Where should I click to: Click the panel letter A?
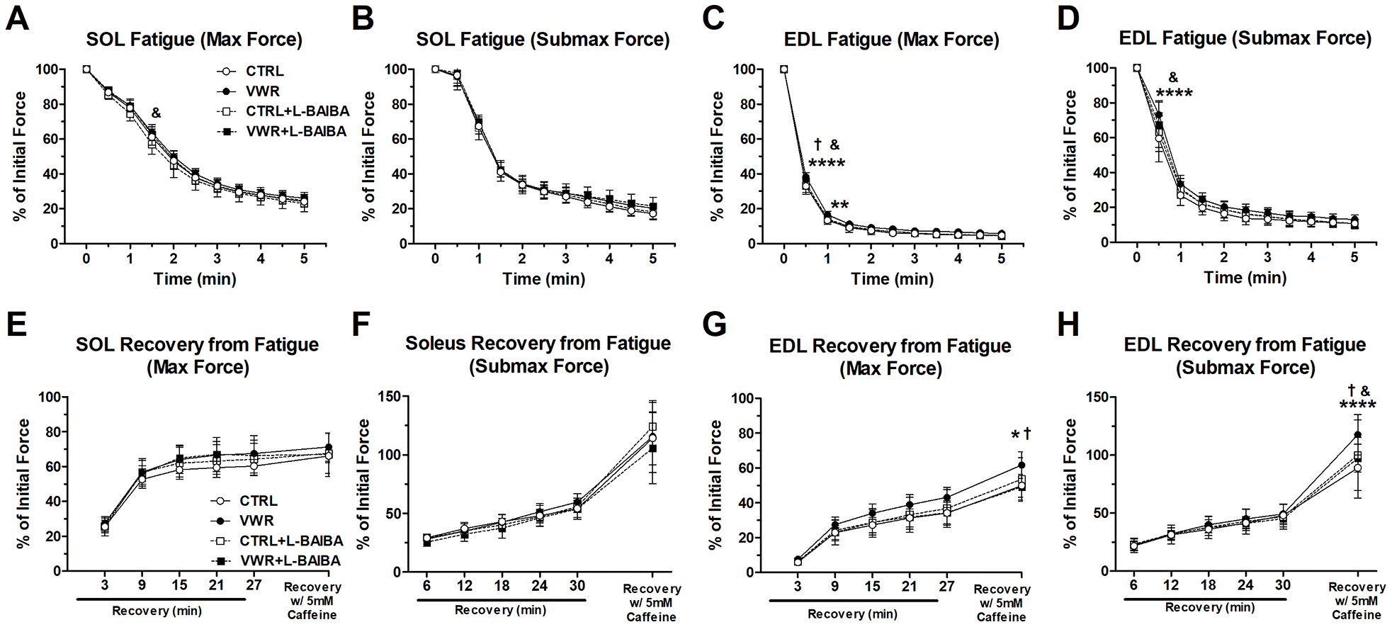(17, 18)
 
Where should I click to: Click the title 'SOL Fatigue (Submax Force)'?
(543, 40)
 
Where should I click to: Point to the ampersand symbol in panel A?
(156, 113)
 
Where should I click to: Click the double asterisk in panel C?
(839, 206)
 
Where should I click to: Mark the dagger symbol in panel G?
(1027, 434)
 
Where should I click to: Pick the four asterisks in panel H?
(1357, 405)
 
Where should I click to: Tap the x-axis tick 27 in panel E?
(254, 585)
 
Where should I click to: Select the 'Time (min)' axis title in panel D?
(1245, 278)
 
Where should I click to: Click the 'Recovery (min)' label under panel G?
(852, 614)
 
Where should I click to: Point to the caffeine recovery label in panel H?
(1357, 601)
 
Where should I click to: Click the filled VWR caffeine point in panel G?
(1022, 465)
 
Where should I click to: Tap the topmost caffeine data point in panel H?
(1358, 435)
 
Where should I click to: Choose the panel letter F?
(361, 324)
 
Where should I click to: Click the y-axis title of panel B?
(368, 156)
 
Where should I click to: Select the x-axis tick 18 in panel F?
(502, 586)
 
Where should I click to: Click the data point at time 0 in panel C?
(783, 69)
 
